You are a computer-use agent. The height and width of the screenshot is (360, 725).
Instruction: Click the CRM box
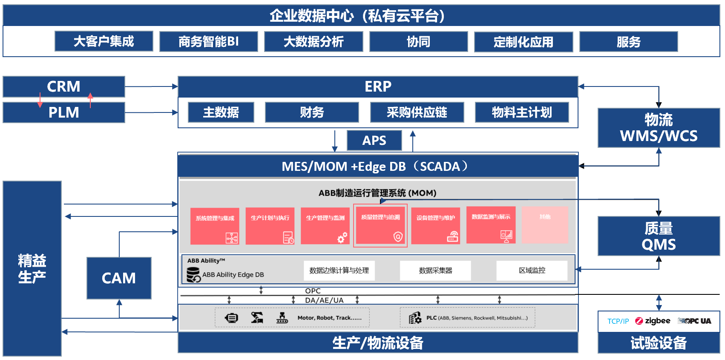[63, 86]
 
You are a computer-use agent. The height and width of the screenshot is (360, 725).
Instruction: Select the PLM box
[63, 112]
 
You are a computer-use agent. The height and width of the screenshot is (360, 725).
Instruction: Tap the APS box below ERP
[374, 140]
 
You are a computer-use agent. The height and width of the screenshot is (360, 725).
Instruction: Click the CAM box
[119, 278]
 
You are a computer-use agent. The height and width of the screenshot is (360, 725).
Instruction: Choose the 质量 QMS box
[659, 236]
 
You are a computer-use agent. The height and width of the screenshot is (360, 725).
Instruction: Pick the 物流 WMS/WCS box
[659, 128]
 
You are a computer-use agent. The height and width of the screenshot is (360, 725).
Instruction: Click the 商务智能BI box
[208, 41]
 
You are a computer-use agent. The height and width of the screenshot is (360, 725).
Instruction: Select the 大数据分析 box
[314, 41]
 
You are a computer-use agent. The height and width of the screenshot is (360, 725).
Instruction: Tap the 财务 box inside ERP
[312, 112]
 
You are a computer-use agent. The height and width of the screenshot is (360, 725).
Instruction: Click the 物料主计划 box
[522, 112]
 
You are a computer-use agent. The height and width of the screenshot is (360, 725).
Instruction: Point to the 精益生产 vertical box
[32, 268]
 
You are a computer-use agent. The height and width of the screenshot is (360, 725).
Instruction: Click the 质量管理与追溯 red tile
[380, 225]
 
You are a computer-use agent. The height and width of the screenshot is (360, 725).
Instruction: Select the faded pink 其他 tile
[545, 225]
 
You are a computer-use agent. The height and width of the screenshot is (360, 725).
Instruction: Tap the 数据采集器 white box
[435, 271]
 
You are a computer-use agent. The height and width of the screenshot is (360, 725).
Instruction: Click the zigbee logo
[653, 321]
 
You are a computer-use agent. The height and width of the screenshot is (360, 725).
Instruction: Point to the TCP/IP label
[618, 321]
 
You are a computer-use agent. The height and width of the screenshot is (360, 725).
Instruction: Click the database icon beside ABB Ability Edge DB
[193, 274]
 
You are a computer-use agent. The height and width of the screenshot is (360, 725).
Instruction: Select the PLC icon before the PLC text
[415, 318]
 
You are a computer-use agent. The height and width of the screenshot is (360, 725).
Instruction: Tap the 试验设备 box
[659, 343]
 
